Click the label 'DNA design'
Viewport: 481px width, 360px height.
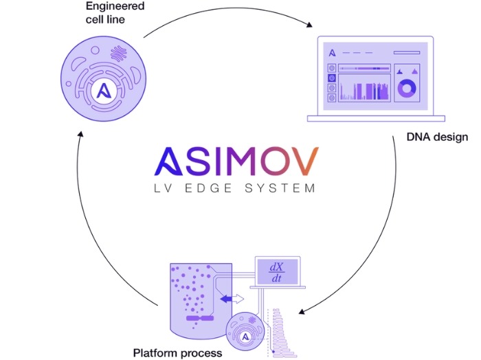click(x=437, y=137)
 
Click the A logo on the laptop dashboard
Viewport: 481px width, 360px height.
click(x=333, y=53)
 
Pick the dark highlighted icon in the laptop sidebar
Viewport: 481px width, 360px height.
click(x=333, y=78)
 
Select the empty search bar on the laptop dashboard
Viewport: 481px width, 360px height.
click(x=405, y=52)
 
